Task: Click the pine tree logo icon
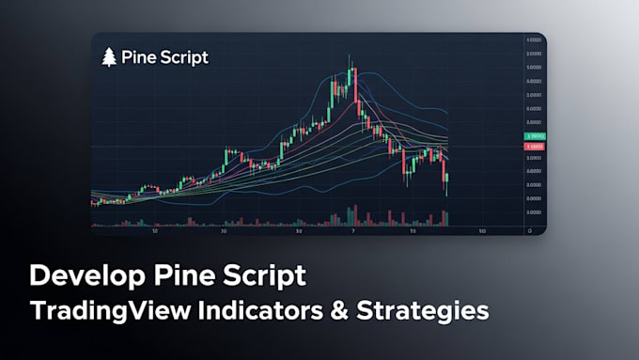pyautogui.click(x=110, y=56)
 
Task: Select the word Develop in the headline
pyautogui.click(x=91, y=276)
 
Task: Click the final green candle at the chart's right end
pyautogui.click(x=447, y=177)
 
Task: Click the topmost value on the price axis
pyautogui.click(x=532, y=40)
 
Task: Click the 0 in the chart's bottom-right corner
pyautogui.click(x=531, y=229)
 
